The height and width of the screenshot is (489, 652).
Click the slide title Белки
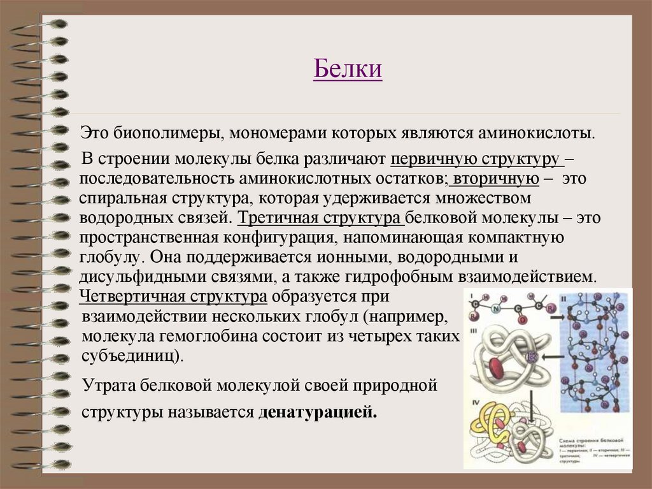coord(348,69)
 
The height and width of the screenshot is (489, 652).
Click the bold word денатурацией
coord(318,412)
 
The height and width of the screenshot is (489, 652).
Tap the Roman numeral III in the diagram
coord(474,330)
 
